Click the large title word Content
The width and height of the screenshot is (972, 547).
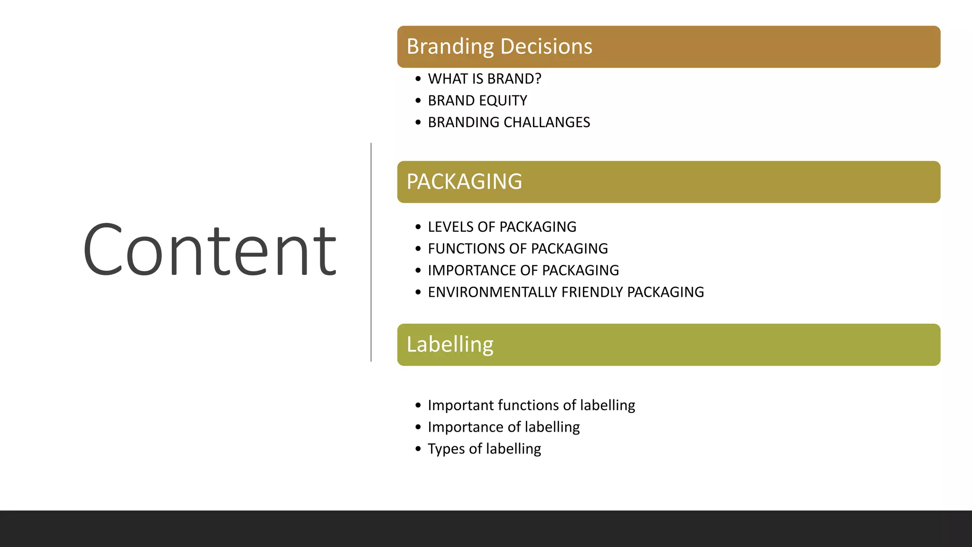pyautogui.click(x=210, y=250)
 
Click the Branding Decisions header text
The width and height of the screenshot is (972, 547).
pyautogui.click(x=499, y=47)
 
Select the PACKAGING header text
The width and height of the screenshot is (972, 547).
pyautogui.click(x=464, y=182)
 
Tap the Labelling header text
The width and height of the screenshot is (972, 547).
pyautogui.click(x=450, y=345)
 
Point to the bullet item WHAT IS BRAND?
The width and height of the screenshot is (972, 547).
pyautogui.click(x=485, y=79)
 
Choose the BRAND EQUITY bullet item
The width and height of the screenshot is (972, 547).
pyautogui.click(x=477, y=101)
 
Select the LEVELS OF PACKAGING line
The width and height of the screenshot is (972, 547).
pyautogui.click(x=502, y=227)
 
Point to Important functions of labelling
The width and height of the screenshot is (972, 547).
pyautogui.click(x=531, y=406)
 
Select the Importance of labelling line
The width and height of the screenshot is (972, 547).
pyautogui.click(x=504, y=427)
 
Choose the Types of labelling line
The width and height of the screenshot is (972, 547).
pyautogui.click(x=484, y=449)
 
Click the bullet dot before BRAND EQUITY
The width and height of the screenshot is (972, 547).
pyautogui.click(x=418, y=101)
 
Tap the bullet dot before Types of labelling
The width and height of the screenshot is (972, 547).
pyautogui.click(x=418, y=449)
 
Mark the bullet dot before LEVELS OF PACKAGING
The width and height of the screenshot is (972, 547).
pyautogui.click(x=418, y=227)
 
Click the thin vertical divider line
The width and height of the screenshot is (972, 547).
pyautogui.click(x=371, y=252)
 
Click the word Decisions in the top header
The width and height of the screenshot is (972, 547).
pyautogui.click(x=546, y=47)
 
